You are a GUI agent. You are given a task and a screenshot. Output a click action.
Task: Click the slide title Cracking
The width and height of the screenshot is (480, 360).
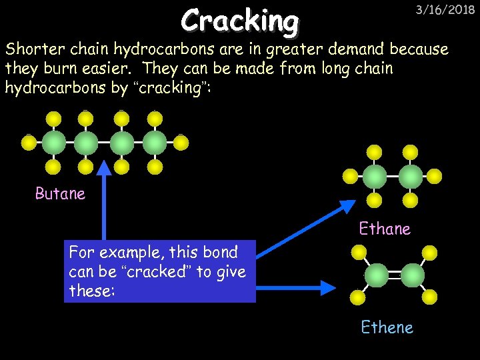(x=240, y=21)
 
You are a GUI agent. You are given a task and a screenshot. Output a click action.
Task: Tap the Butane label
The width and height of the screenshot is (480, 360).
(x=60, y=194)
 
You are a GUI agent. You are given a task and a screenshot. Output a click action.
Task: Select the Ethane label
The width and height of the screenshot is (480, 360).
(x=385, y=229)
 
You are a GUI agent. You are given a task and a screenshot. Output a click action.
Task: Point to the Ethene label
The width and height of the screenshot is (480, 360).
(x=387, y=327)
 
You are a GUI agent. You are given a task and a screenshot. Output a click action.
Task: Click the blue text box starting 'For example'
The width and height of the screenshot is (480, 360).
(x=160, y=271)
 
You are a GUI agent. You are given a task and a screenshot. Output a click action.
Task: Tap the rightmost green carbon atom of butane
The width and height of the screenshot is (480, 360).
(x=155, y=142)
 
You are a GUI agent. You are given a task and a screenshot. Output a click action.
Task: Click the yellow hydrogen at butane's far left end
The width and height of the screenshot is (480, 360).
(x=29, y=142)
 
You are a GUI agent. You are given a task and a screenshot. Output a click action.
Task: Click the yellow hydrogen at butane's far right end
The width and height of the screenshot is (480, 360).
(x=181, y=142)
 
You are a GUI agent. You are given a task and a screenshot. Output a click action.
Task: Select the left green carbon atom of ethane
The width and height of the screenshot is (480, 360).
(x=375, y=176)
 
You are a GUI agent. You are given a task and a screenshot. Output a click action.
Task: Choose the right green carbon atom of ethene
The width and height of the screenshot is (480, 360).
(x=412, y=275)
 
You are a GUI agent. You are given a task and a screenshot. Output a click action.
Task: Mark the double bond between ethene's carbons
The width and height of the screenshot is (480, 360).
(x=394, y=275)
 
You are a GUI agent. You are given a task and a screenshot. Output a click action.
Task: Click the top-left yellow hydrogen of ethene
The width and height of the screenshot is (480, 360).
(x=359, y=253)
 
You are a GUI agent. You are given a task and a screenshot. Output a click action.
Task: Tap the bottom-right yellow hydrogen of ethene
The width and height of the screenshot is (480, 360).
(x=430, y=297)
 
